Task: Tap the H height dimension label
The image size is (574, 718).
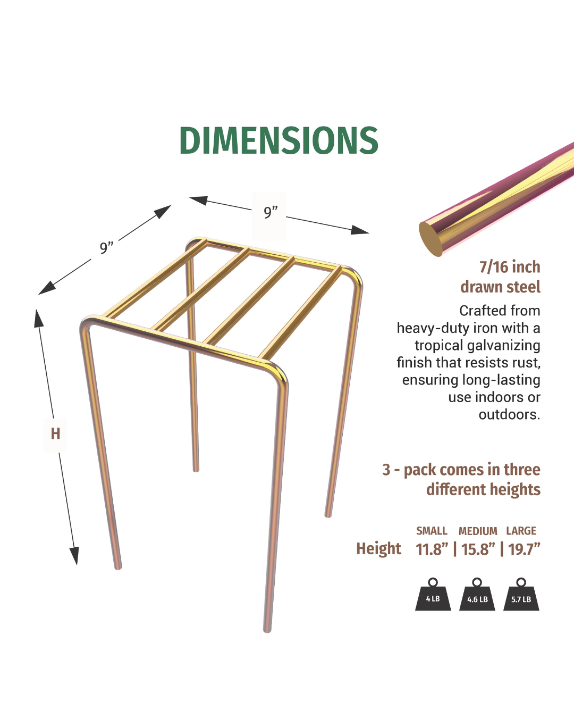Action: (55, 434)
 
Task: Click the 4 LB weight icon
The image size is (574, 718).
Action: (433, 594)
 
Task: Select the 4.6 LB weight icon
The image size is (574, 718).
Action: (477, 594)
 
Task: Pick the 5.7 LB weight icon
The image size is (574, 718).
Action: (521, 594)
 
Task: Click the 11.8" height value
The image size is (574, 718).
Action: (432, 549)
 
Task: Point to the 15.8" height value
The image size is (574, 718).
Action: (478, 549)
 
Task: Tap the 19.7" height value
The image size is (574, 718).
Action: (524, 549)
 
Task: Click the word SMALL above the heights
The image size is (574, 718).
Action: (432, 530)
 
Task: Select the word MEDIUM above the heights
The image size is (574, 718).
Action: (478, 531)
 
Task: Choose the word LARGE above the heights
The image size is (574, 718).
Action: (521, 530)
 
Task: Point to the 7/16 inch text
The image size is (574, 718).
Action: (510, 267)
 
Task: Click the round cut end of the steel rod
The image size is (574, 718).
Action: (430, 239)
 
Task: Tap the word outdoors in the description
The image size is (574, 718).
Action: (509, 415)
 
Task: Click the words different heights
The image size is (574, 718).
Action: (483, 489)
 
